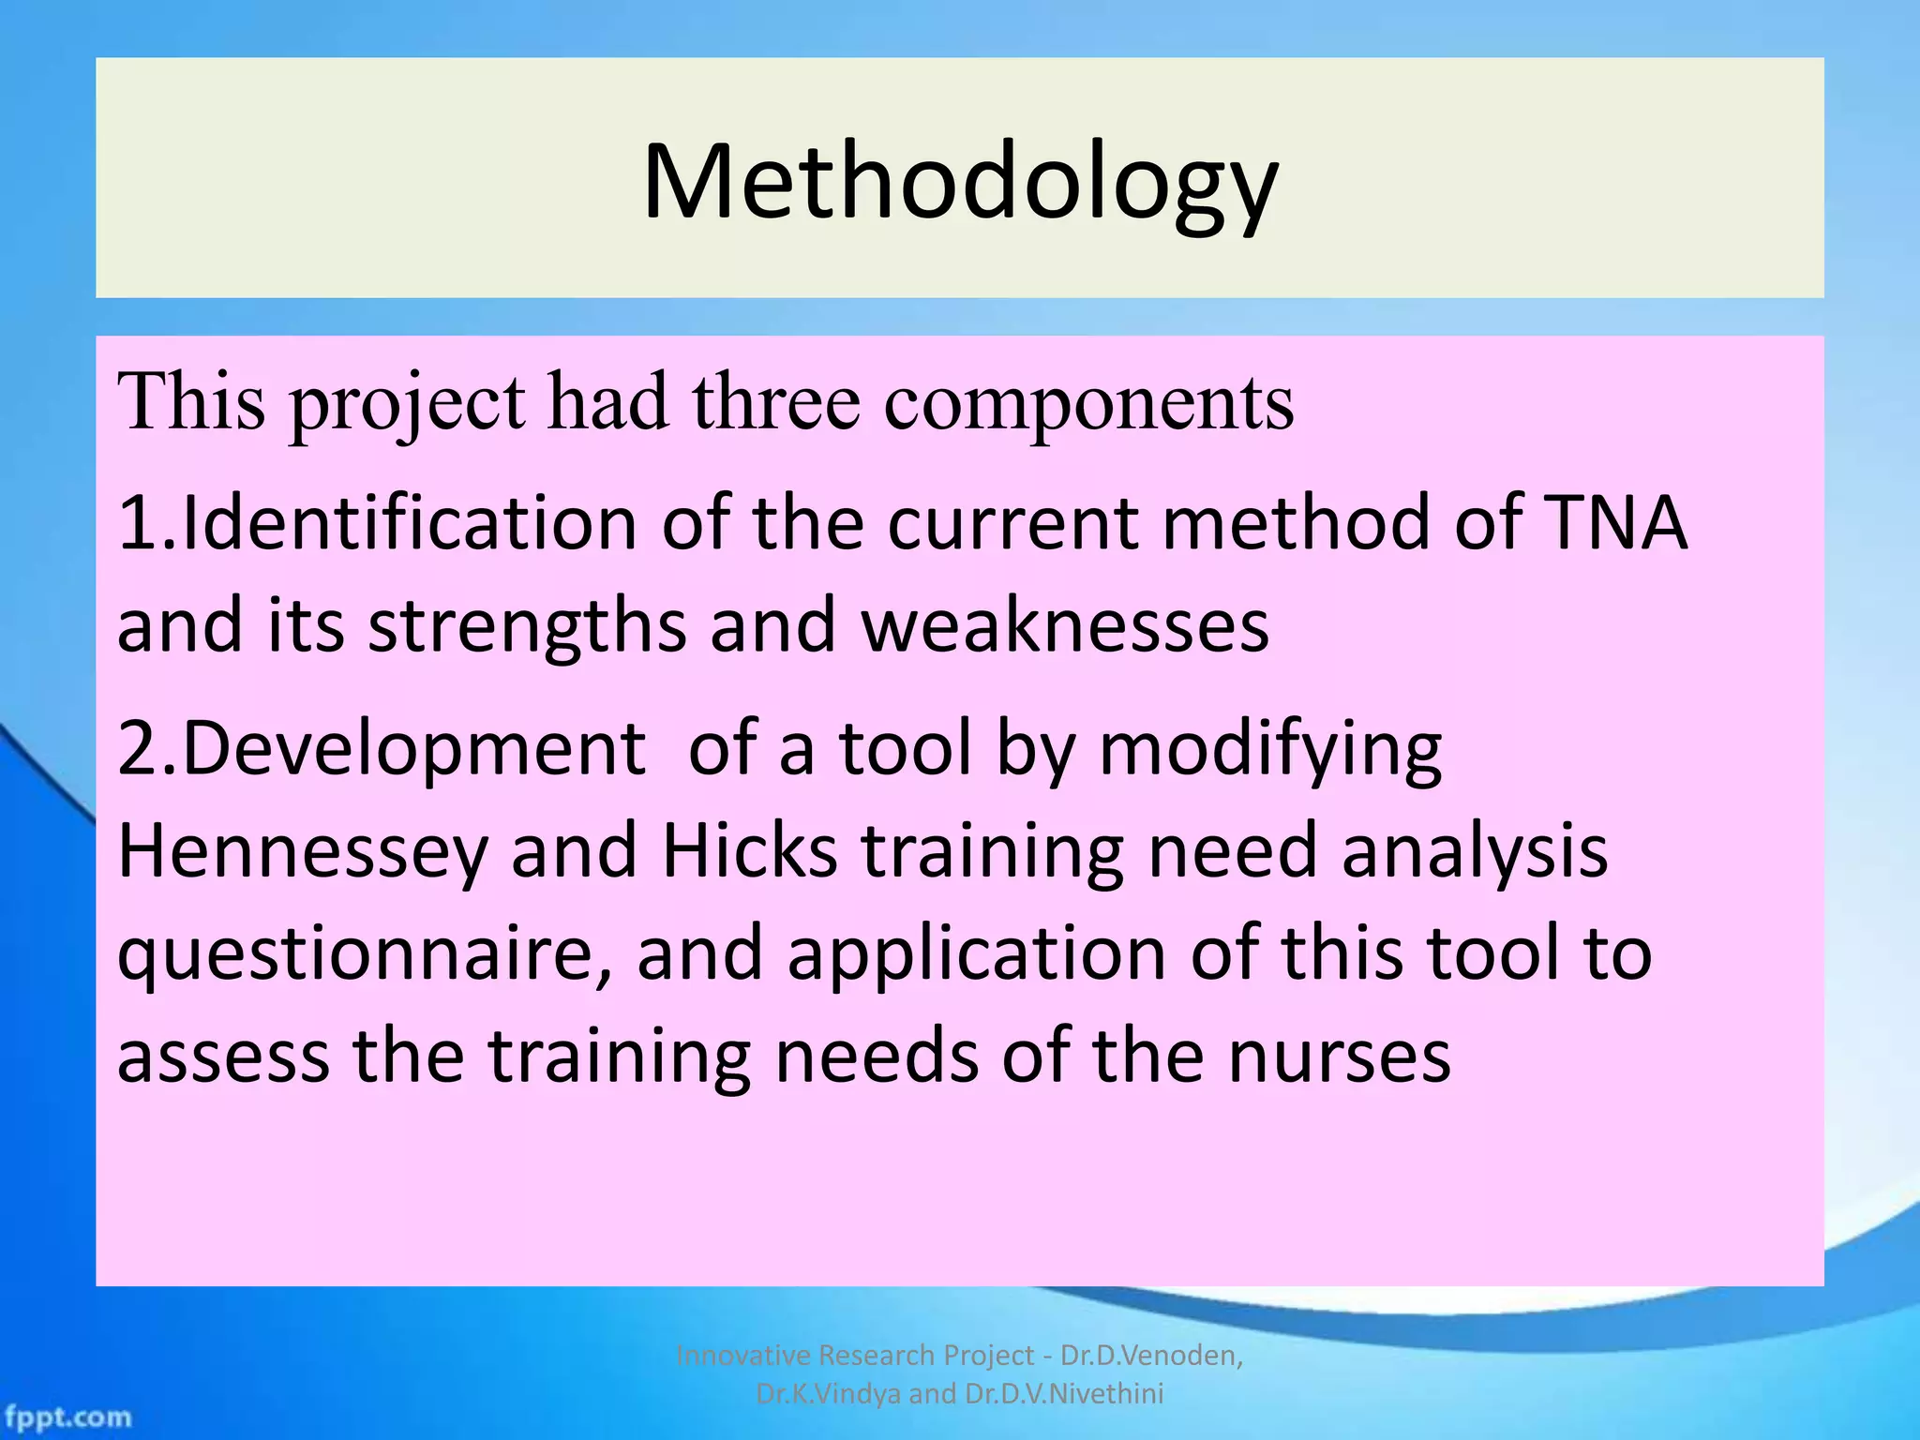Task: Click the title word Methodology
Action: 959,183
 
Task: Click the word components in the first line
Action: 1088,402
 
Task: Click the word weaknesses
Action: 1065,625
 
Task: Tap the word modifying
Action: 1269,749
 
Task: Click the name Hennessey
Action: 303,851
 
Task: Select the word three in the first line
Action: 775,402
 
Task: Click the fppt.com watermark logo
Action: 67,1416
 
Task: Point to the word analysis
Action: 1475,851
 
